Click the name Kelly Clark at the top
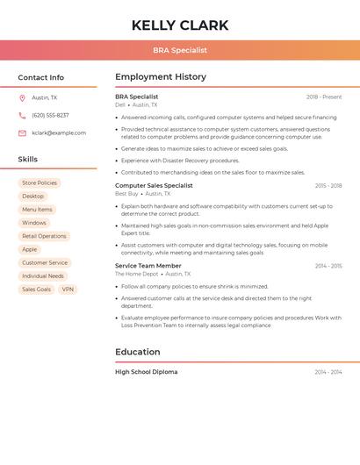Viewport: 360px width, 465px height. click(180, 25)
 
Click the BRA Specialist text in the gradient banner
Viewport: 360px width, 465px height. click(180, 51)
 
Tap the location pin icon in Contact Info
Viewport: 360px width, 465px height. click(22, 97)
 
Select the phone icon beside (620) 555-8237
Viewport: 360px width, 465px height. click(22, 115)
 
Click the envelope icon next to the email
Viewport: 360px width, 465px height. click(22, 133)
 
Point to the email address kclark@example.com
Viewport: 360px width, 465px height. click(59, 133)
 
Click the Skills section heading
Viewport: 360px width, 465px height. click(28, 160)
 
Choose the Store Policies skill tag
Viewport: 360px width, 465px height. click(40, 183)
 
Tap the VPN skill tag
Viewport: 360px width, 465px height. click(68, 290)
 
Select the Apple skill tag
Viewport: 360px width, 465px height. click(30, 249)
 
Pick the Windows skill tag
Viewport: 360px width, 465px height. click(34, 223)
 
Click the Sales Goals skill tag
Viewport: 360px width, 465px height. click(36, 290)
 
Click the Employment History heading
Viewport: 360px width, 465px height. click(161, 77)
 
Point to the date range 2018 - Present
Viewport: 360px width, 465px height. click(324, 97)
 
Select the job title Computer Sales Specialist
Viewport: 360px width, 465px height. click(154, 186)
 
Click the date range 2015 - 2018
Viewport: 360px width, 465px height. click(328, 186)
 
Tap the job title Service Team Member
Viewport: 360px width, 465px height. click(148, 266)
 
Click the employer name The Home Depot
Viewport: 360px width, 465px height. click(137, 274)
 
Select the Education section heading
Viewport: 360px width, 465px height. click(138, 352)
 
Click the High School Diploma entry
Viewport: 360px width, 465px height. click(146, 372)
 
